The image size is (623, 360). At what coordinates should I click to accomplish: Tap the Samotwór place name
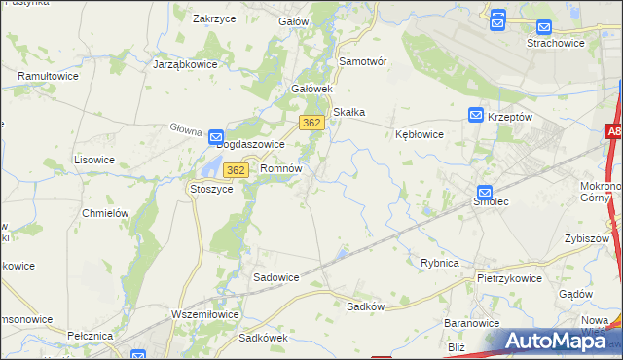pos(363,61)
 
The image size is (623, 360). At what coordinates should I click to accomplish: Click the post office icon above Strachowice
pos(497,18)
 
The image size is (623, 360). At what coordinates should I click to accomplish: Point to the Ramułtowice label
pos(48,75)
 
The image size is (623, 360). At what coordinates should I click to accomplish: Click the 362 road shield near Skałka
pos(311,123)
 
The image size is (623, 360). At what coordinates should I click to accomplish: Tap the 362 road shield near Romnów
pos(234,170)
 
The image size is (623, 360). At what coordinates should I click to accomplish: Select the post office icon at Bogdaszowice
pos(216,138)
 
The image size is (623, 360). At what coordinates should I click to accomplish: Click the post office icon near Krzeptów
pos(476,115)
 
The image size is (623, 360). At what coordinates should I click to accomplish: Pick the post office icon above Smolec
pos(486,193)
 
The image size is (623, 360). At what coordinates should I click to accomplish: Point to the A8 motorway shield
pos(612,131)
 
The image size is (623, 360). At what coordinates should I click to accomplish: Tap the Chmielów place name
pos(106,213)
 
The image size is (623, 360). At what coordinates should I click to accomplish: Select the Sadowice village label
pos(276,277)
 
